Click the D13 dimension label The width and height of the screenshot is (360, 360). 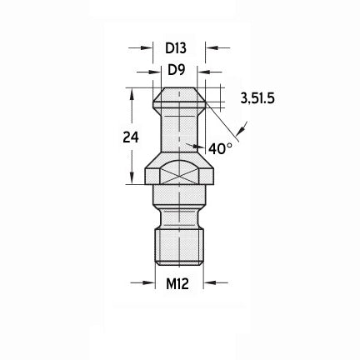click(x=176, y=48)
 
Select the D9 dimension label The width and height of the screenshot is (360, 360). click(x=177, y=70)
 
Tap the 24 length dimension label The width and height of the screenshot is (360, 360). click(x=131, y=137)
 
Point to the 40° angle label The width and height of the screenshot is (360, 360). click(x=220, y=148)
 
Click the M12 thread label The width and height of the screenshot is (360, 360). click(x=177, y=284)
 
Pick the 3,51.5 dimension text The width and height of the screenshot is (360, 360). click(x=257, y=98)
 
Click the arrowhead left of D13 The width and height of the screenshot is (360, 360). click(x=147, y=47)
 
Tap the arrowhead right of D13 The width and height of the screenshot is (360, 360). click(x=212, y=47)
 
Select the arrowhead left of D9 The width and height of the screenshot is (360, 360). click(x=155, y=72)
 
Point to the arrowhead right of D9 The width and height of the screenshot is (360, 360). click(x=203, y=72)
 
